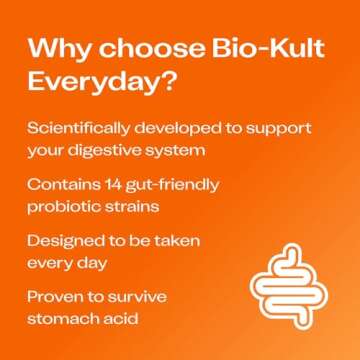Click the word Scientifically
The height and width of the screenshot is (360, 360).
coord(81,129)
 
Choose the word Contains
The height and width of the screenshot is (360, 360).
coord(62,186)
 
